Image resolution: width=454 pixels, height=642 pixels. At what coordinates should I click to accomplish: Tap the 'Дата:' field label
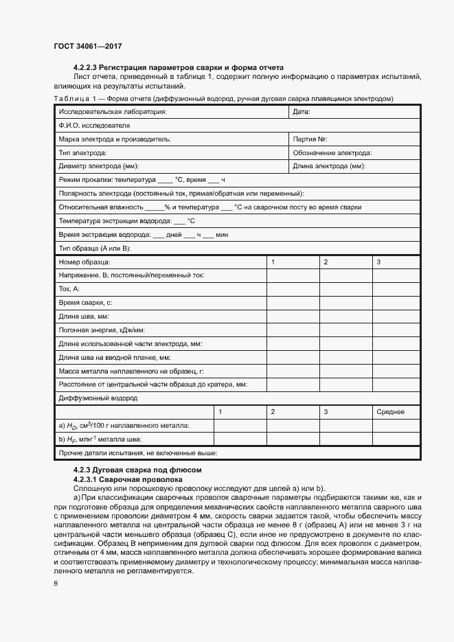(302, 112)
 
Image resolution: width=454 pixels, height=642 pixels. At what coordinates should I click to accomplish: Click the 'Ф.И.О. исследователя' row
(95, 126)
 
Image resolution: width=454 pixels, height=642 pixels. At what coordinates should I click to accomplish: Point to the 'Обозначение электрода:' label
(332, 153)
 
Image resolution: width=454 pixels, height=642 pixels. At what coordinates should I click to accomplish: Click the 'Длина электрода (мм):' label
(328, 166)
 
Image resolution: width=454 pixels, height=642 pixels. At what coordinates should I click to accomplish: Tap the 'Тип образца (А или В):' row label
(95, 248)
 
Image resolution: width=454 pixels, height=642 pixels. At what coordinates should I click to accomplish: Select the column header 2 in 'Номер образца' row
(326, 262)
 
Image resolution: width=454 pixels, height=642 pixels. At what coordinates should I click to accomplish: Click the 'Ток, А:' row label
(70, 289)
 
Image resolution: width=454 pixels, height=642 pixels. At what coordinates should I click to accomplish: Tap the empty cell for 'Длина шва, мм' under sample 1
(292, 317)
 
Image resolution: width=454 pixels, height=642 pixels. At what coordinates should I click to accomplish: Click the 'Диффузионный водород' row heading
(98, 398)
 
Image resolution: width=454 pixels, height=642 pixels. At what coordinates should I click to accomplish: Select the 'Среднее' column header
(390, 412)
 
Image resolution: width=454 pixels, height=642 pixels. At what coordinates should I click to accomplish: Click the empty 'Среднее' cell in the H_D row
(396, 426)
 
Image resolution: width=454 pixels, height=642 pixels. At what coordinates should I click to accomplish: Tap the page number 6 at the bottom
(56, 583)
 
